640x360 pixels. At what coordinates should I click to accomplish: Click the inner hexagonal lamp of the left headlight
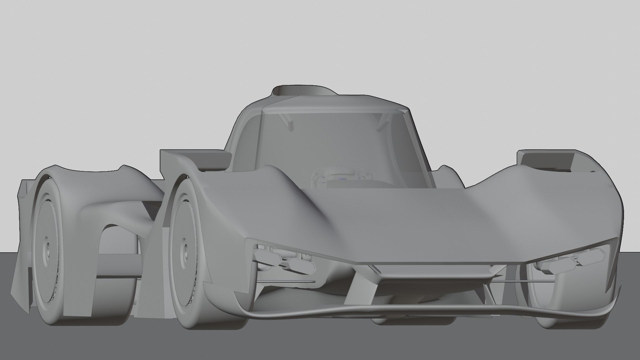302,265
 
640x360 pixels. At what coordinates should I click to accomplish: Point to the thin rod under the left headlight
287,281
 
